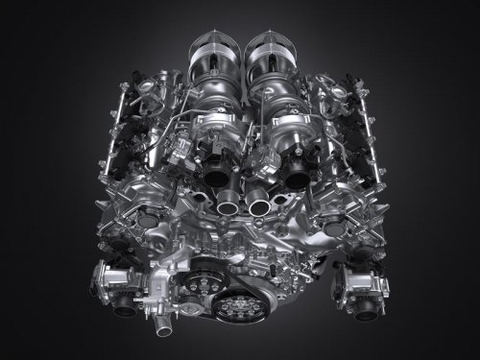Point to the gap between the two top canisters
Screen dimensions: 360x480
tap(241, 58)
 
